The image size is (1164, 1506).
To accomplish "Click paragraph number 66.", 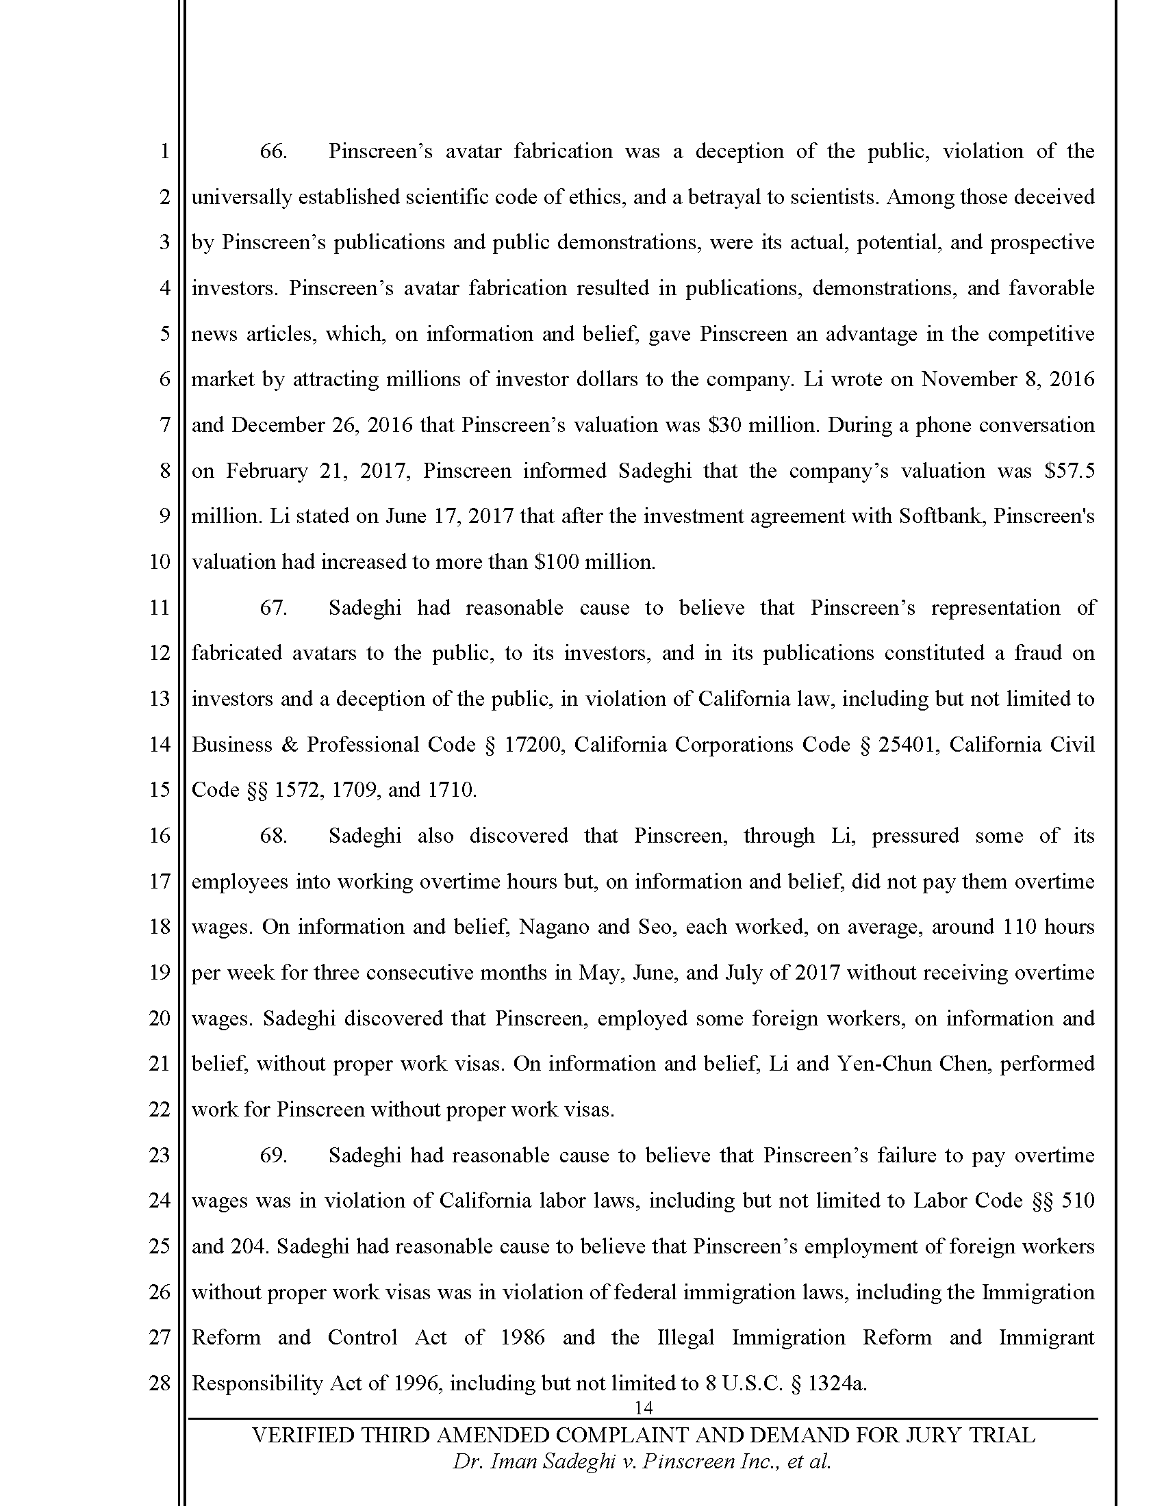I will point(273,152).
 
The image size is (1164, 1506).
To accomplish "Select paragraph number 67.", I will point(273,608).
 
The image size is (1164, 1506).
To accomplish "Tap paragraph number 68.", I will point(273,836).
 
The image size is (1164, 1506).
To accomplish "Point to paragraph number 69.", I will point(273,1155).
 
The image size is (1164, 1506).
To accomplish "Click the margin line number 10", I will point(160,562).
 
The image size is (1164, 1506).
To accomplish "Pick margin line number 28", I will point(160,1383).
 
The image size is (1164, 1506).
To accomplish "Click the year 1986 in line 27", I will point(522,1337).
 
